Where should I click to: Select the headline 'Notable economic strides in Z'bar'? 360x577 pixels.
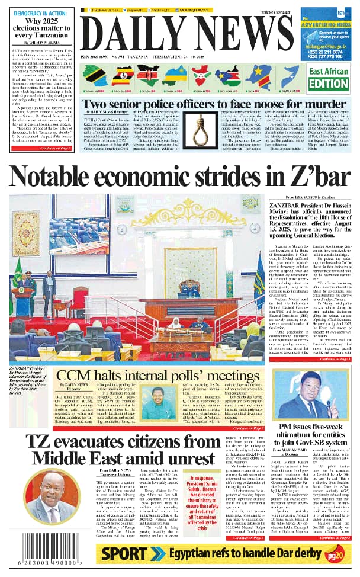(180, 178)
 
